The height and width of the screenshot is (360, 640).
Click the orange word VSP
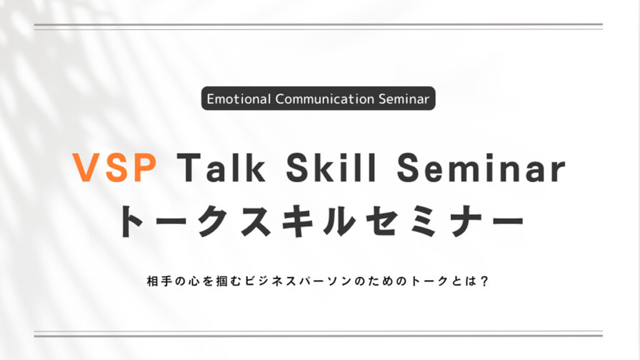point(115,167)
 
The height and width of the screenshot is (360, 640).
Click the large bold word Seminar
point(481,167)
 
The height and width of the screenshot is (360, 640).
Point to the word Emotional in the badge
point(239,99)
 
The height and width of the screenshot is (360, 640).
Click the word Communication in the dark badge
point(325,99)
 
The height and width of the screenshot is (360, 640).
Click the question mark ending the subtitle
point(484,281)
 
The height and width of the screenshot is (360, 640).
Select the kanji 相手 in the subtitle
point(159,281)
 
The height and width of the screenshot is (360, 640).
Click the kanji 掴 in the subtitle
point(222,281)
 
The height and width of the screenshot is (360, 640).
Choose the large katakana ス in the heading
point(256,221)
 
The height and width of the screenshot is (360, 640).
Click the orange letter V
point(86,167)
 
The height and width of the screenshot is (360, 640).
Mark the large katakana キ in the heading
point(297,221)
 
